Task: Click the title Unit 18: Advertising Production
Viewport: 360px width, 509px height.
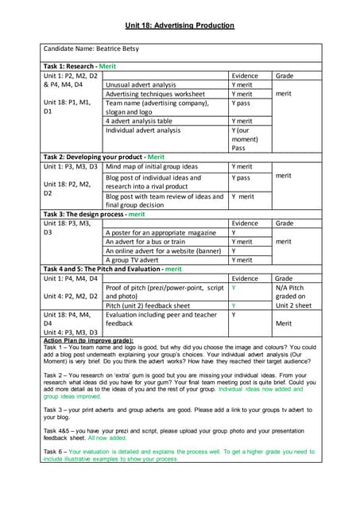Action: (180, 25)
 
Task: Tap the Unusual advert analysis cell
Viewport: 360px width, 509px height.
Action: (141, 84)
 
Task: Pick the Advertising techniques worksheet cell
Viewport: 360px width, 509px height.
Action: (155, 94)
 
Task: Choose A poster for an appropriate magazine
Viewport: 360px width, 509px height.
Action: (161, 232)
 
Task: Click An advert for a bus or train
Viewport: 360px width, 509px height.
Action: (145, 242)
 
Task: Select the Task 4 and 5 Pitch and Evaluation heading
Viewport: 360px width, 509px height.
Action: (112, 270)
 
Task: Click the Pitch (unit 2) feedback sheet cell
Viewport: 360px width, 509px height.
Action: (148, 305)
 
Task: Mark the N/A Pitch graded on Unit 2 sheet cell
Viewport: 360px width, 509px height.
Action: (294, 297)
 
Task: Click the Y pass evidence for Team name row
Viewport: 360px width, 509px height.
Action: (241, 103)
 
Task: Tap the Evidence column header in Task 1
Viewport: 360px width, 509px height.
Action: (247, 76)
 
